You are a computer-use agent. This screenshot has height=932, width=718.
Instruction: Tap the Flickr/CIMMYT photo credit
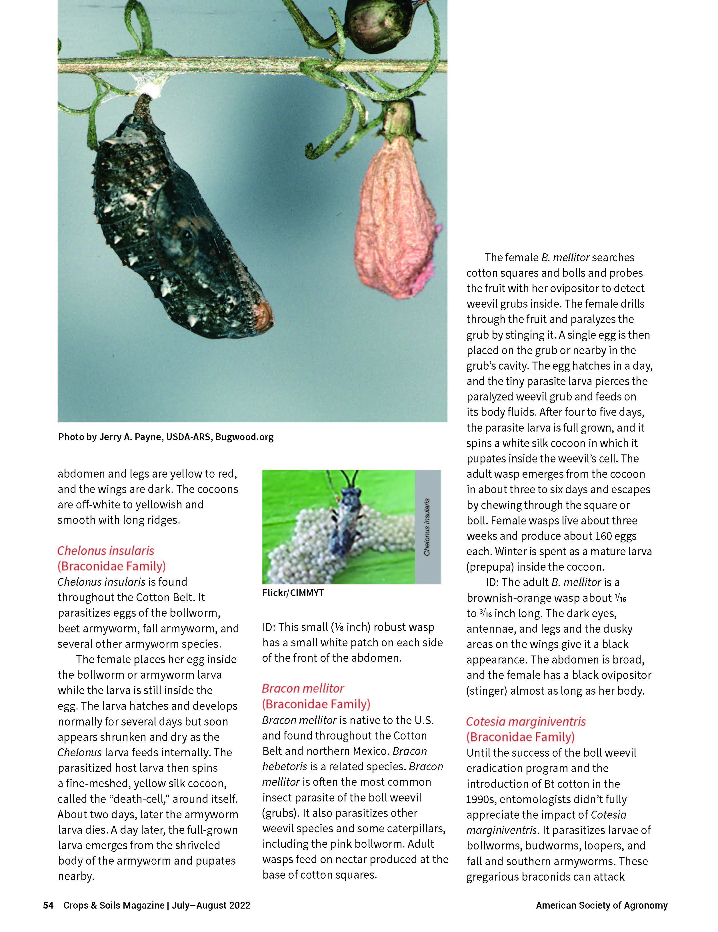click(293, 593)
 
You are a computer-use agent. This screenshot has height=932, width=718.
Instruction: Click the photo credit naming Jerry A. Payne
click(166, 436)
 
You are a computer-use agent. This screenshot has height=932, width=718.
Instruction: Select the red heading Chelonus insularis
click(106, 550)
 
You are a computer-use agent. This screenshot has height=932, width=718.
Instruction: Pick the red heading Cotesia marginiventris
click(526, 721)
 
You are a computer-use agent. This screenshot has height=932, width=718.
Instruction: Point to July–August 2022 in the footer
click(211, 905)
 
